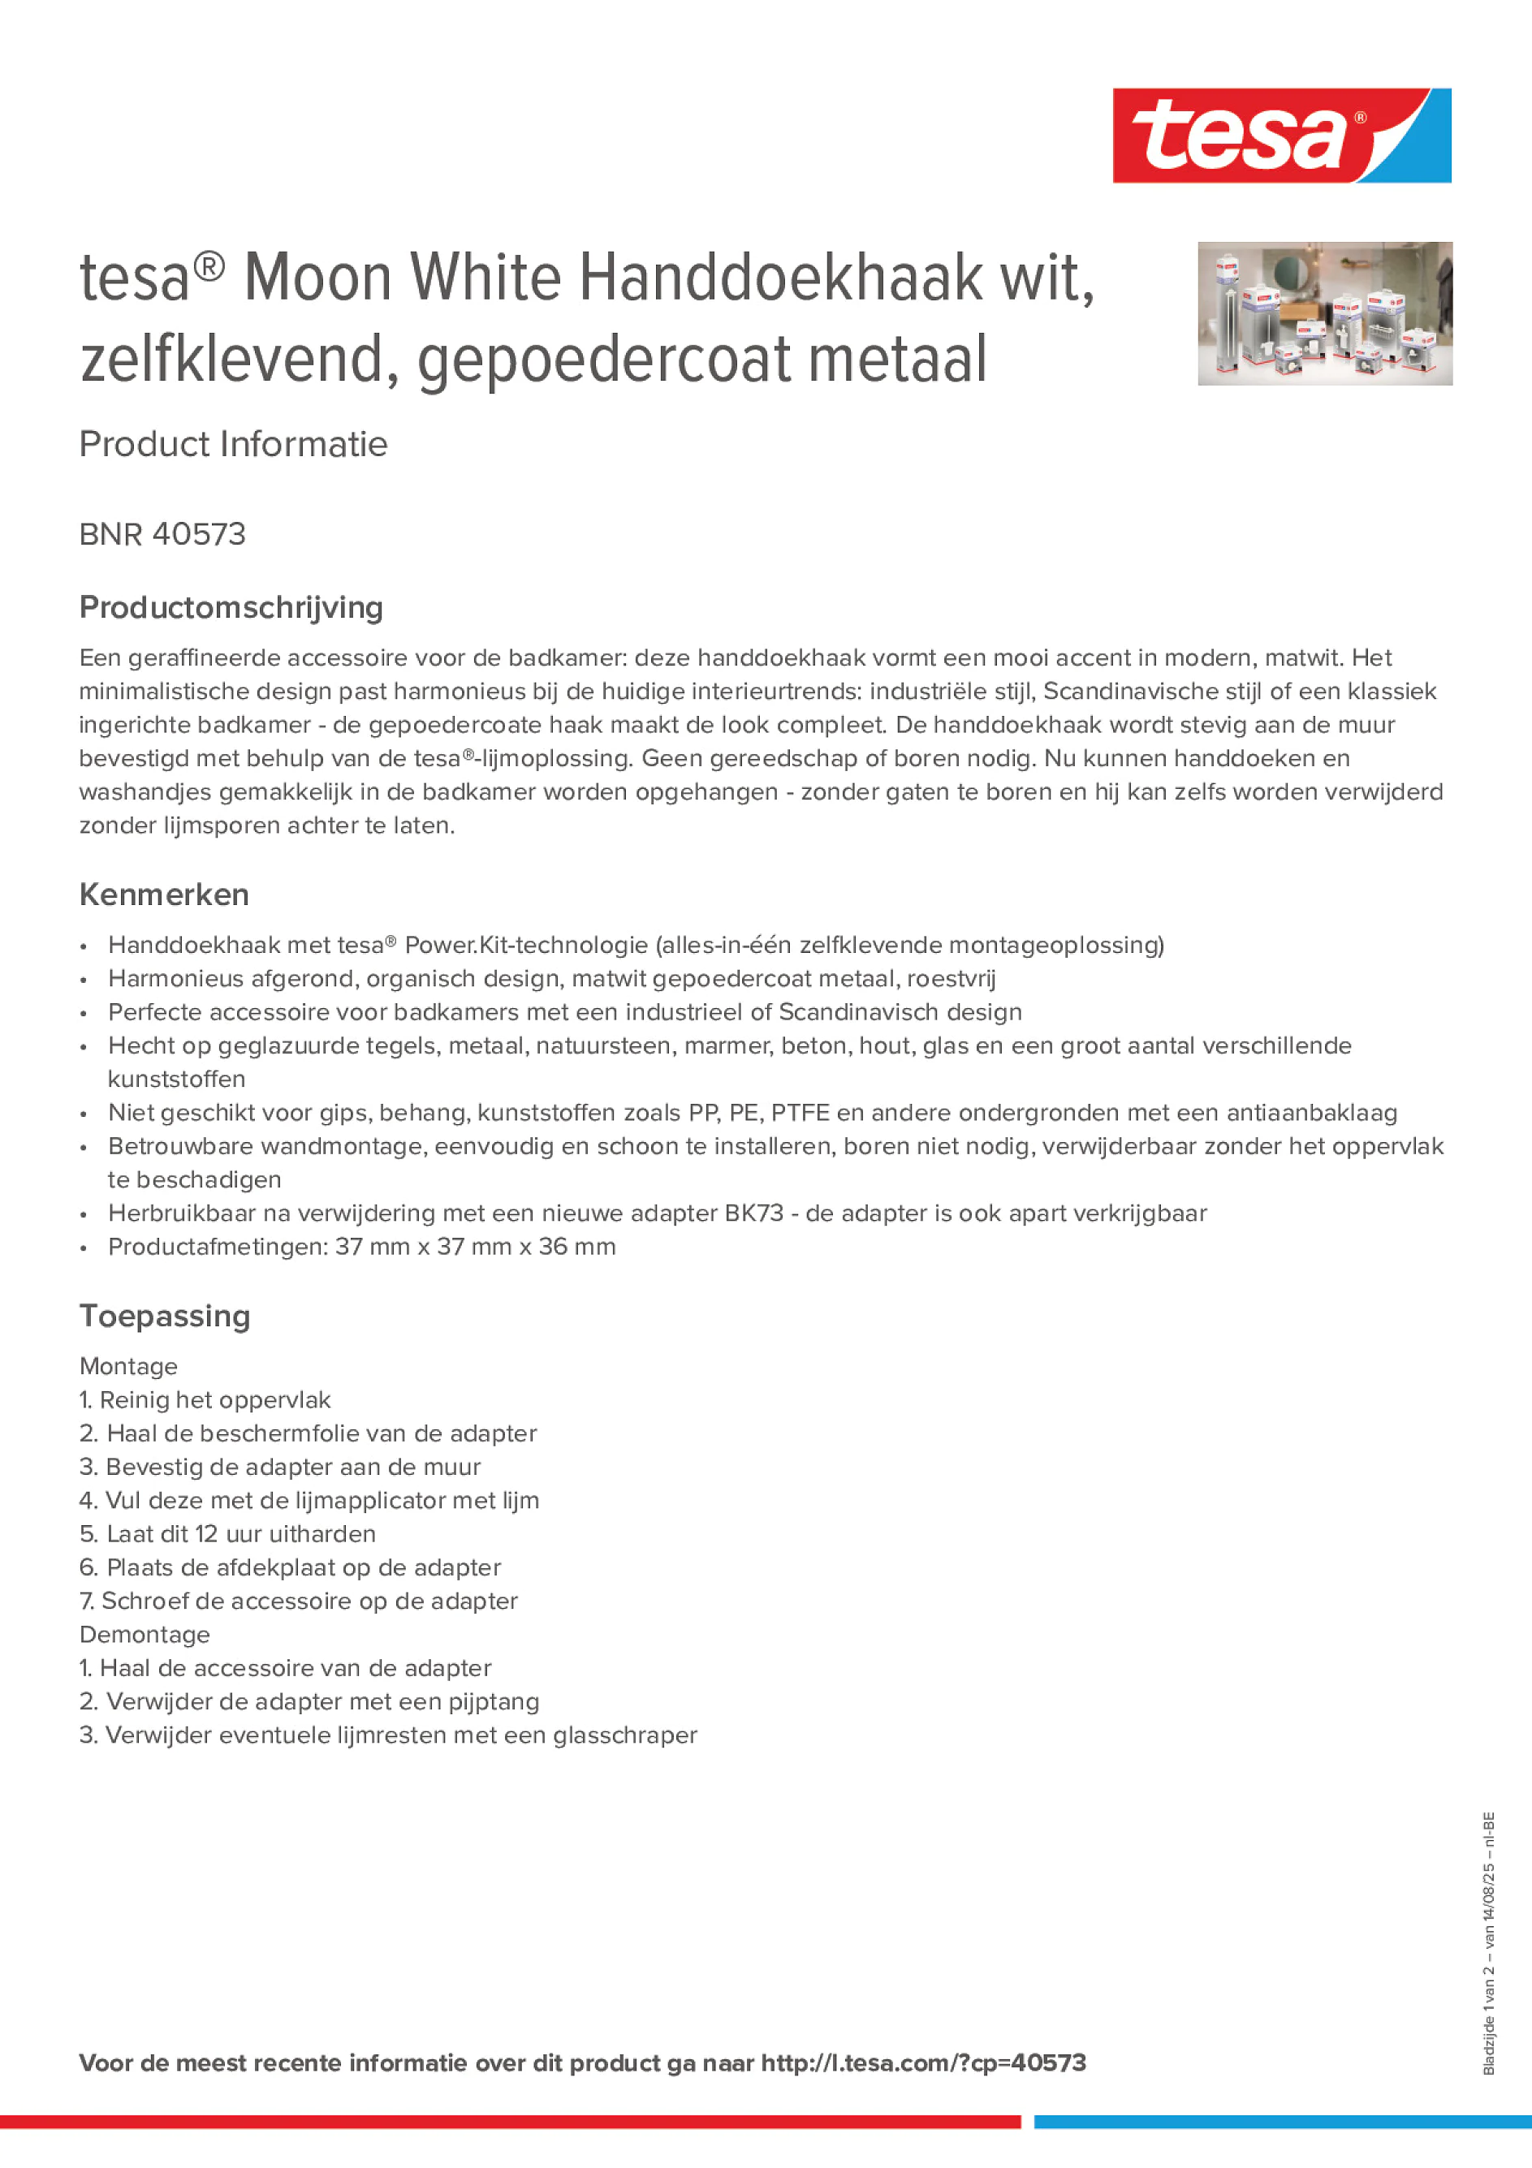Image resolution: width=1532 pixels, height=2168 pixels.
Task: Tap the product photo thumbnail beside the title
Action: coord(1324,312)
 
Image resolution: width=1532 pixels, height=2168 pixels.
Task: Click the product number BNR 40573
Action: coord(162,534)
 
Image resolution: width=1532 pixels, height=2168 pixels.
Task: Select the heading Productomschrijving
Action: coord(231,607)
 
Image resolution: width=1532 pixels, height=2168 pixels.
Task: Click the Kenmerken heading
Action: coord(164,894)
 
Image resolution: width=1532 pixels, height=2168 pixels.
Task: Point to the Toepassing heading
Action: coord(164,1316)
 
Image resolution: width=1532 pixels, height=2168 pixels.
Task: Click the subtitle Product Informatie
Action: coord(233,444)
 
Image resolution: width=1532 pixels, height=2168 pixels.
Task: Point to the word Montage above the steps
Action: coord(128,1366)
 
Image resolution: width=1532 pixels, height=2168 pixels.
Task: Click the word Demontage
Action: coord(145,1635)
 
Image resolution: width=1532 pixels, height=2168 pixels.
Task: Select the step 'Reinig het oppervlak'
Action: coord(205,1399)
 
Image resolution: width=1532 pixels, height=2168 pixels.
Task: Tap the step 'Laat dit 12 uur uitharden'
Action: coord(227,1533)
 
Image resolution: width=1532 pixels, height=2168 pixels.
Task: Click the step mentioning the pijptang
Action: coord(309,1701)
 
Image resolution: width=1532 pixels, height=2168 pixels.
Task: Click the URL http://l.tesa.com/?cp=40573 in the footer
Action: coord(923,2063)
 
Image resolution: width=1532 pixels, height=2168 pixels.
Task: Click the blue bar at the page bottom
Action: coord(1282,2122)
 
